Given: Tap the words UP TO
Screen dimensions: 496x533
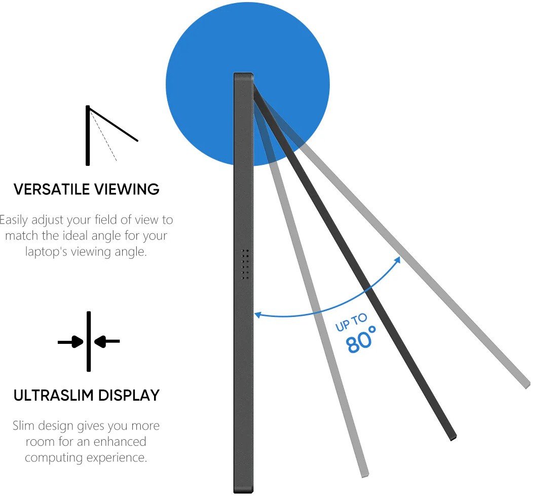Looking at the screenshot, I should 351,323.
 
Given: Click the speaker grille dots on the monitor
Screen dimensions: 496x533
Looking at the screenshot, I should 245,264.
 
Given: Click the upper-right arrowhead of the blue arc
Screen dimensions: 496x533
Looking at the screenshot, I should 398,260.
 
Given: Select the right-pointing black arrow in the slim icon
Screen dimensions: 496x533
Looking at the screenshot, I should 71,342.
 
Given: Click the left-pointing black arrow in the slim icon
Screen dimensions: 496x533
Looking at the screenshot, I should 107,342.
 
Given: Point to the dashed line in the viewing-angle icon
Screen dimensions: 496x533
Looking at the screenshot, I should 104,137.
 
